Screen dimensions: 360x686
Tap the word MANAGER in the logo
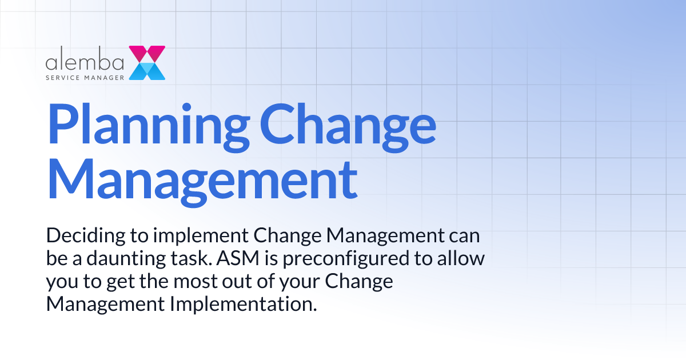point(105,77)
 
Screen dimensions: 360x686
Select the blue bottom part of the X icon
point(147,71)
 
